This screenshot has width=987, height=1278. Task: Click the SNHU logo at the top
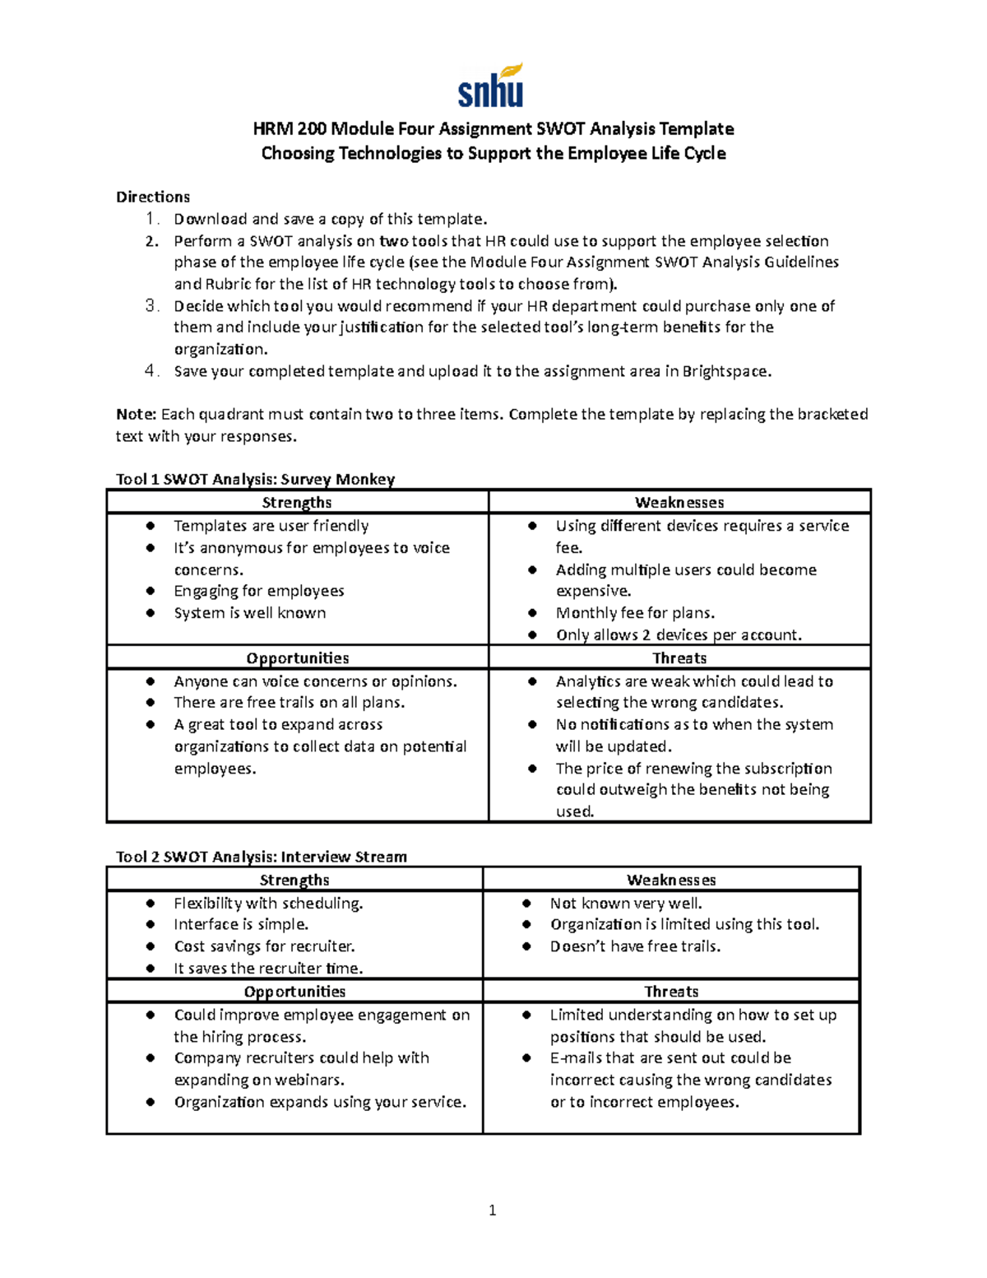pos(491,86)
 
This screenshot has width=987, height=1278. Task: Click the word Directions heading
pos(152,197)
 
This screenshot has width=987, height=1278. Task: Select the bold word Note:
pos(136,414)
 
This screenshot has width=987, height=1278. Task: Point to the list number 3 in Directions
pos(151,306)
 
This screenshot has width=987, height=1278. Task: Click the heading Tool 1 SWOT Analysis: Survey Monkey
pos(255,479)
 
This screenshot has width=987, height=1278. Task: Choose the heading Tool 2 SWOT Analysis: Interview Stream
pos(261,857)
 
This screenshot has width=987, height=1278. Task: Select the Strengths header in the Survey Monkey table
pos(297,502)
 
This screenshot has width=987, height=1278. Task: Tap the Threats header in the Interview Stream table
pos(671,992)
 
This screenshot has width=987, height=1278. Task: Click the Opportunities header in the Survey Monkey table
pos(297,658)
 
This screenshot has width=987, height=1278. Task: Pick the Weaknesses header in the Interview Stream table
pos(671,880)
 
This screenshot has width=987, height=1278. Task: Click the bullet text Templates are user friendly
pos(271,526)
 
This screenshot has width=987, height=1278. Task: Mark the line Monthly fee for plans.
pos(635,613)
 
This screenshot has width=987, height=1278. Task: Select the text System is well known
pos(249,613)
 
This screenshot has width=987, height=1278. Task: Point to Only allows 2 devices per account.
pos(679,635)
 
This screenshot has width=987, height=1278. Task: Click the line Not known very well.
pos(626,904)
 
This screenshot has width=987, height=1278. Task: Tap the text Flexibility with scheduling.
pos(268,904)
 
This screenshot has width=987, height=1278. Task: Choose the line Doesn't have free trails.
pos(635,946)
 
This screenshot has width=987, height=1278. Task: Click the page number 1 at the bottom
pos(492,1210)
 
